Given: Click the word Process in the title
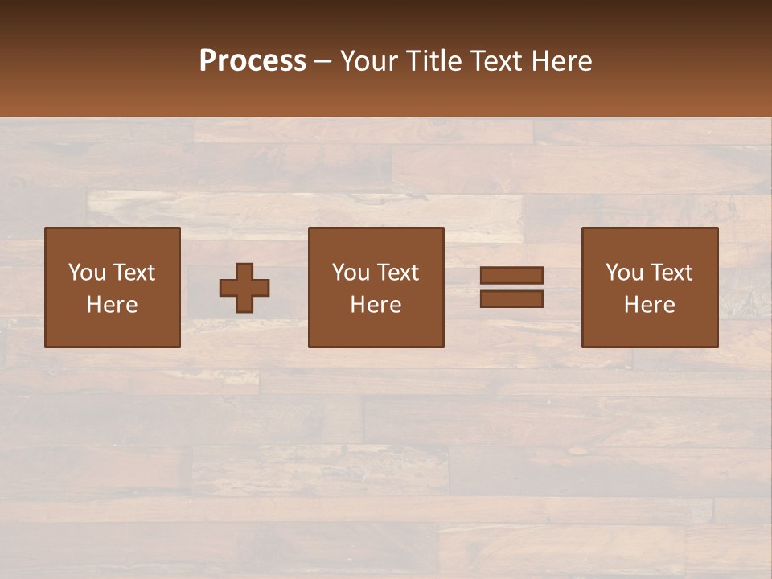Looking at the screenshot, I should (253, 61).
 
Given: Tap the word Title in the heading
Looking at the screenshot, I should (433, 61).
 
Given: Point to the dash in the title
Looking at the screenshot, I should (323, 62).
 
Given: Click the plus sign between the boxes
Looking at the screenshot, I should (244, 288).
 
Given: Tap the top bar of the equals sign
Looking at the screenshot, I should (511, 275).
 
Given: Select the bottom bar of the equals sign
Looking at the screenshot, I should (511, 299).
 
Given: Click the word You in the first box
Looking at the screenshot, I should (87, 273).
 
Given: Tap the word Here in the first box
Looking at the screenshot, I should (112, 305).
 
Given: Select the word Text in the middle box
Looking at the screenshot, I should (397, 273).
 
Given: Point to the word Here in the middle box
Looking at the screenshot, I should (376, 305).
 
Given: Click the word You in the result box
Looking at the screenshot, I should (624, 273).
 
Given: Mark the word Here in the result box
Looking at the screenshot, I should (649, 305).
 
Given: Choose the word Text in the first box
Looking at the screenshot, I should (133, 273).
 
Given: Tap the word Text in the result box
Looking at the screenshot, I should (671, 273).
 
